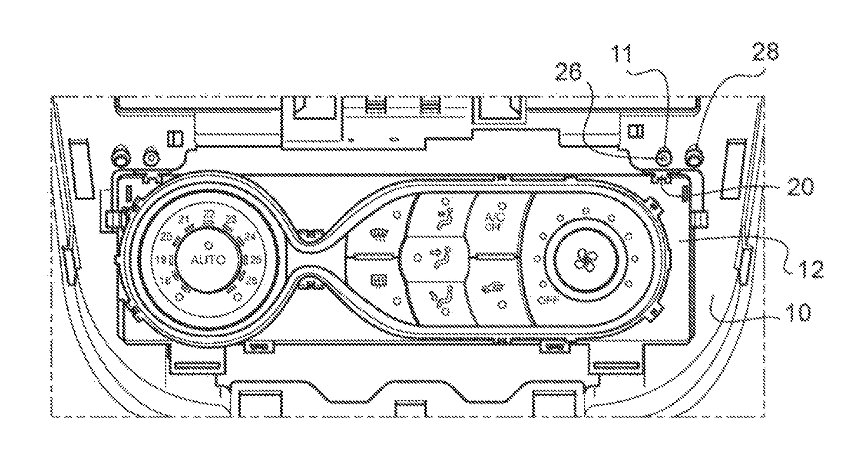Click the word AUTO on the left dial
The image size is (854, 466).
pyautogui.click(x=209, y=259)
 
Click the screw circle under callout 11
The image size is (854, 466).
pyautogui.click(x=664, y=155)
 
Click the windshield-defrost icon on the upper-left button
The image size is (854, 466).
pyautogui.click(x=376, y=235)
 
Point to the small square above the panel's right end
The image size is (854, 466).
pyautogui.click(x=636, y=131)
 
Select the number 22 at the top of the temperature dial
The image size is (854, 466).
pyautogui.click(x=209, y=213)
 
